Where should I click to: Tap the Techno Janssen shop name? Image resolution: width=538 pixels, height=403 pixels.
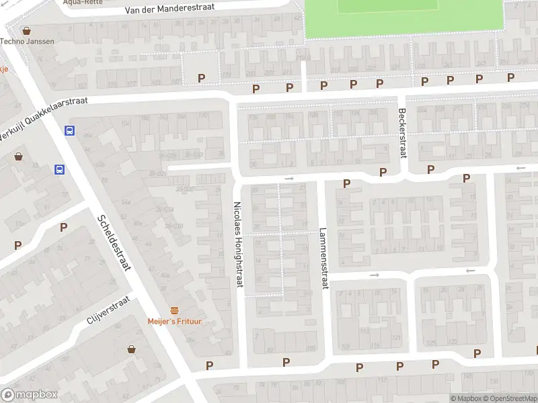(x=27, y=41)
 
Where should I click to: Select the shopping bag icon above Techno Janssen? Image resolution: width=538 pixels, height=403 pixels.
(x=26, y=30)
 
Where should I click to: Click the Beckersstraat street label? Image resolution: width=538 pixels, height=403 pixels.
(x=403, y=132)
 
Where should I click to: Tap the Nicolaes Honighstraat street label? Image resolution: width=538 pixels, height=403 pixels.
(x=237, y=247)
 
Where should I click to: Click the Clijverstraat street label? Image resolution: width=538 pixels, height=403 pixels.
(x=108, y=311)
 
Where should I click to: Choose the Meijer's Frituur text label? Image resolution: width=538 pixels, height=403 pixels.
(x=175, y=321)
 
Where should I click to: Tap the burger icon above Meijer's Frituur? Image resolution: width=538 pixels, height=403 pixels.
(x=175, y=310)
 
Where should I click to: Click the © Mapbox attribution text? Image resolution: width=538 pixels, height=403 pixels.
(x=465, y=398)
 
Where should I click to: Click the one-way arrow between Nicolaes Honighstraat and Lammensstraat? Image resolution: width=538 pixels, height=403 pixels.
(x=289, y=178)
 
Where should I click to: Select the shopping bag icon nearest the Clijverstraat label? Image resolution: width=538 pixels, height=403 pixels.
(x=131, y=349)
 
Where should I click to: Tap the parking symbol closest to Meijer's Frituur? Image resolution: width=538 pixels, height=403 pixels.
(x=209, y=365)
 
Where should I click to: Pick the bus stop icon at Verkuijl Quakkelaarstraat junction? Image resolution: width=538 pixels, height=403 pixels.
(x=69, y=131)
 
